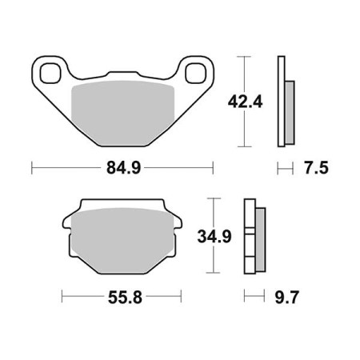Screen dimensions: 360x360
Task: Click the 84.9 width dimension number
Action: (x=123, y=168)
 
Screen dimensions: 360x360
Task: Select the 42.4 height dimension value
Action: (x=246, y=102)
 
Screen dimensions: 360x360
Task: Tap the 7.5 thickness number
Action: (x=316, y=168)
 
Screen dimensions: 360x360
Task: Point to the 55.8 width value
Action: (x=125, y=298)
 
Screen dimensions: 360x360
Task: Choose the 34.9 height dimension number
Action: (x=214, y=236)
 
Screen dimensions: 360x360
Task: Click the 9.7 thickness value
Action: (x=286, y=298)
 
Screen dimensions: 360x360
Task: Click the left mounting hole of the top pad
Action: (x=50, y=73)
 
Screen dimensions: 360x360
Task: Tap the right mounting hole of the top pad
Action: (x=196, y=73)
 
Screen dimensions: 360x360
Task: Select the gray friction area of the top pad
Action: (x=123, y=113)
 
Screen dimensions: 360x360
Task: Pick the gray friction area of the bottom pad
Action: (x=123, y=241)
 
